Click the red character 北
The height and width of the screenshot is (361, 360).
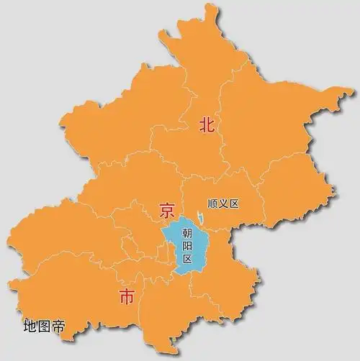(x=207, y=124)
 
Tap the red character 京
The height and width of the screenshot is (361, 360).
(x=166, y=211)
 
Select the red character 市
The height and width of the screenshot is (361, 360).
(x=125, y=296)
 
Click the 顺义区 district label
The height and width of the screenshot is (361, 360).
(x=222, y=204)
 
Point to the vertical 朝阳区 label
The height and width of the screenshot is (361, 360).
(x=187, y=245)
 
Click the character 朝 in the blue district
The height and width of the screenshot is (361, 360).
(x=187, y=233)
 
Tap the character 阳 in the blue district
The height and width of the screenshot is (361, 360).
(x=187, y=245)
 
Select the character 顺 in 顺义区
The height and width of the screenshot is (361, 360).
(x=211, y=204)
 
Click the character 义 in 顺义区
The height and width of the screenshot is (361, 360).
(x=222, y=204)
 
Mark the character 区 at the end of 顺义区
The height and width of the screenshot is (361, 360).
(x=233, y=204)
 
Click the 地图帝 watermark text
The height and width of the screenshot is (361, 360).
(x=44, y=325)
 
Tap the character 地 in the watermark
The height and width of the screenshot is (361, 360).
(x=30, y=325)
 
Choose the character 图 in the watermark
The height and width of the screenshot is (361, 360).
(x=44, y=325)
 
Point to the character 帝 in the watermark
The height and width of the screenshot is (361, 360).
(x=58, y=325)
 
